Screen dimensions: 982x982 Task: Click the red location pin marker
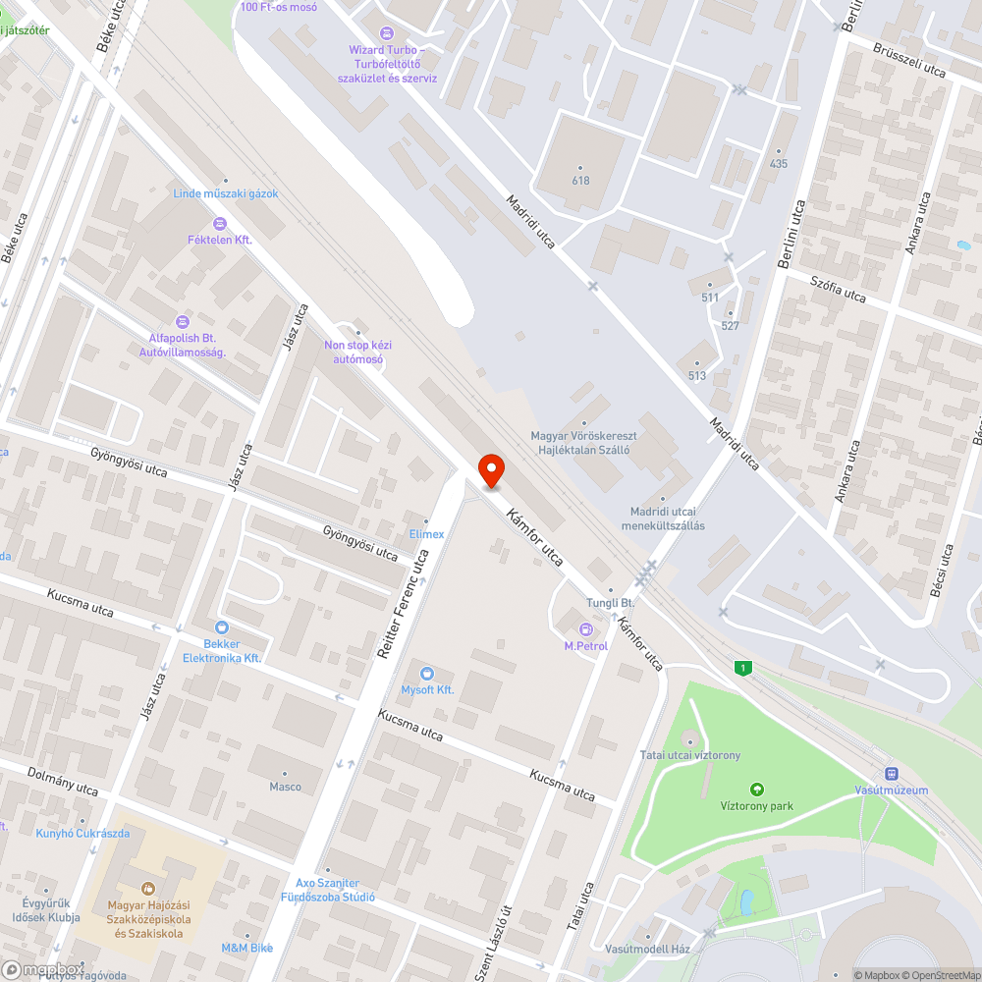click(x=490, y=471)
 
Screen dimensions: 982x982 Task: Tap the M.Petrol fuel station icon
click(x=586, y=628)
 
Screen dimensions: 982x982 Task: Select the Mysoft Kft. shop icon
click(x=426, y=673)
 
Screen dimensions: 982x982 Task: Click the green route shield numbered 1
click(x=744, y=668)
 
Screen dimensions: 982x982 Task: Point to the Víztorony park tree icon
click(x=756, y=790)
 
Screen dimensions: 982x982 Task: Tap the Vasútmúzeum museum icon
click(x=892, y=774)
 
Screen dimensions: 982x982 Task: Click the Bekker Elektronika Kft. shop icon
click(x=222, y=627)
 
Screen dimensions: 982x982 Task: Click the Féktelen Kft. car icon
click(x=220, y=223)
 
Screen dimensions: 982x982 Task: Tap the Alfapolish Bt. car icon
click(x=182, y=321)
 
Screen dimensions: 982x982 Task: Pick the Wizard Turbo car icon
click(x=387, y=33)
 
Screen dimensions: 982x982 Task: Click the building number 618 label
click(x=580, y=181)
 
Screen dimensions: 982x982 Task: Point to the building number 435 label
click(x=779, y=164)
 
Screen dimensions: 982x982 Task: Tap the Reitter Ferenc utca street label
click(x=404, y=603)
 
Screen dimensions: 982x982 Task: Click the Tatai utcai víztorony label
click(x=689, y=755)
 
